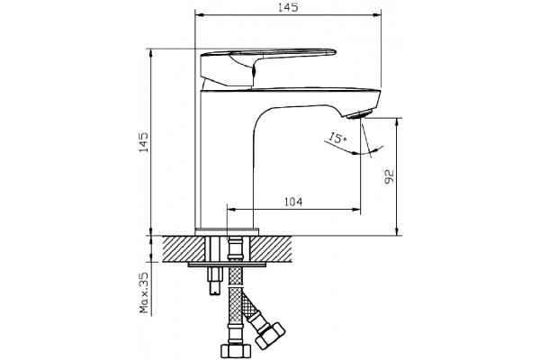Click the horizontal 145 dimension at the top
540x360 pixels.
point(288,7)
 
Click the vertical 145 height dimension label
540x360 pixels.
point(143,142)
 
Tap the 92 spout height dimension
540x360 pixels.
point(389,176)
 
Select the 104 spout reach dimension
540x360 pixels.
point(293,202)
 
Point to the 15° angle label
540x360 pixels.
point(337,138)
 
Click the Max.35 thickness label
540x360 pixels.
point(144,292)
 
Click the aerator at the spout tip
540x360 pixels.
point(359,114)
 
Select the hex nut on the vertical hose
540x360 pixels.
point(236,351)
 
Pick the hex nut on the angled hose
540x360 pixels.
point(270,335)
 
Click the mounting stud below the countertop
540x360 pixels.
point(214,281)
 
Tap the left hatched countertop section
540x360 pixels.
point(184,248)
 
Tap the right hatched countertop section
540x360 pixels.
point(271,248)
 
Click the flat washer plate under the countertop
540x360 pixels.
point(228,265)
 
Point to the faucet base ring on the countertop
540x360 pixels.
point(227,231)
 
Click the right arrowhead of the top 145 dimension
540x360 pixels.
point(377,14)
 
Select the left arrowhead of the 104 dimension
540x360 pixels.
point(232,209)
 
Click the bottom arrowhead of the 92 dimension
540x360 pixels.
point(397,231)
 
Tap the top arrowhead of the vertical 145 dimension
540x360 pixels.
point(150,54)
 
